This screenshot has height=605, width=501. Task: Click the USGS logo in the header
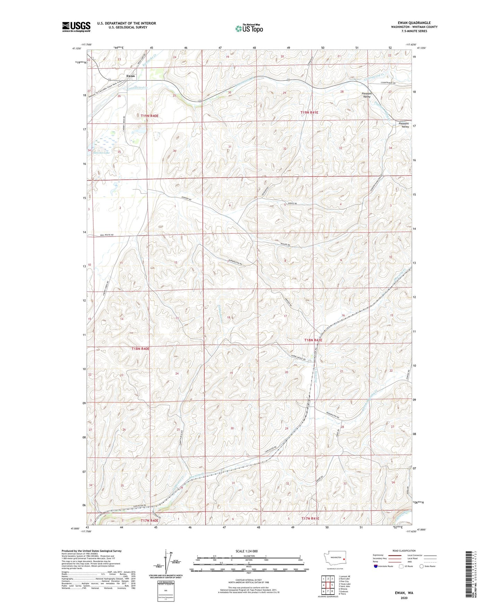(x=76, y=26)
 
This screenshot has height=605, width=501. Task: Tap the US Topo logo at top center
(x=249, y=28)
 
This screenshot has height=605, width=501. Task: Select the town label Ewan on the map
(x=130, y=76)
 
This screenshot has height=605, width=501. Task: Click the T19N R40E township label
(x=149, y=116)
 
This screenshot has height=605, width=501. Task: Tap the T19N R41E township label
(x=309, y=113)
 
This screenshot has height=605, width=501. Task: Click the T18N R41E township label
(x=313, y=340)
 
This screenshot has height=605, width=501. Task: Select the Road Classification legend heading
(x=404, y=551)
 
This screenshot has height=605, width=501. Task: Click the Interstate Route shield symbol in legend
(x=376, y=566)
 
